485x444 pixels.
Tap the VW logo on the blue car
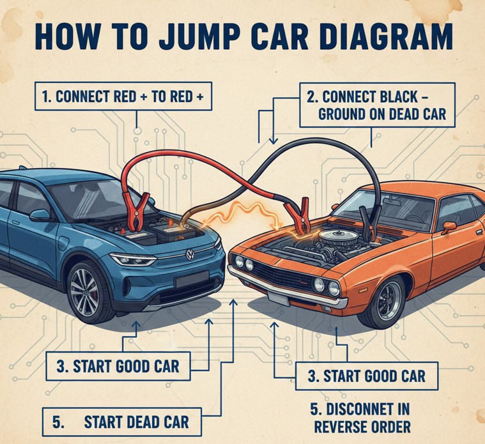pos(190,255)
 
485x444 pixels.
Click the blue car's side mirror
pos(40,215)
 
